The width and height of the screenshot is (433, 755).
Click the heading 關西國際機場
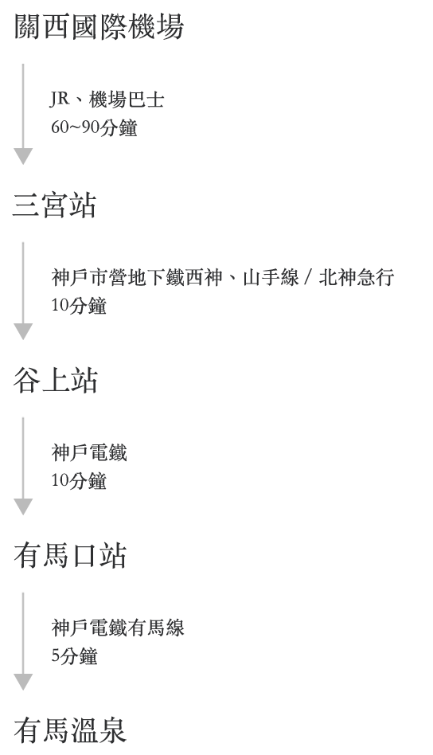coord(99,26)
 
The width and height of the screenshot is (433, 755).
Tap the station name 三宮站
coord(54,205)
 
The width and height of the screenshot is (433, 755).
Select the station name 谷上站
coord(56,380)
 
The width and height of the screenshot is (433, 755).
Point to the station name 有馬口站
coord(70,555)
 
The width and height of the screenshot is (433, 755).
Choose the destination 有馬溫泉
coord(70,730)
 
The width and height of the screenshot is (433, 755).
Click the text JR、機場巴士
coord(107,100)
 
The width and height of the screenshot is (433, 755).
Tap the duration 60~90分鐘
coord(94,127)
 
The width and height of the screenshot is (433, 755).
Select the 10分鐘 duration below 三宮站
coord(79,306)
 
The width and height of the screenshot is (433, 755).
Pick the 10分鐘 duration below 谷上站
coord(79,481)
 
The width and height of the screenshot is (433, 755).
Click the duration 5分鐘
coord(75,656)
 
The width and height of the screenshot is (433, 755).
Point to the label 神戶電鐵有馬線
coord(118,628)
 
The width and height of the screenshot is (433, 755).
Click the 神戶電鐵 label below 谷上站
coord(89,452)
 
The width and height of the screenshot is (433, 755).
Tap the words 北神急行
coord(357,278)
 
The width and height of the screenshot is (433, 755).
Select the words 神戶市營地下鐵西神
coord(137,278)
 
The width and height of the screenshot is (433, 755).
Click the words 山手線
coord(271,278)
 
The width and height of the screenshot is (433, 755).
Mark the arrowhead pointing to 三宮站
coord(23,156)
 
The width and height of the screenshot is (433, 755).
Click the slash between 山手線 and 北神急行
coord(309,278)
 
